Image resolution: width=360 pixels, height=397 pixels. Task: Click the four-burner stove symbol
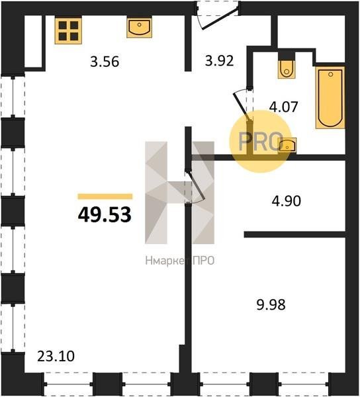point(68,30)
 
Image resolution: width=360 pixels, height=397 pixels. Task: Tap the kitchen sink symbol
point(139,27)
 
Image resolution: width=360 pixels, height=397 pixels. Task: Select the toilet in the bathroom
point(287,69)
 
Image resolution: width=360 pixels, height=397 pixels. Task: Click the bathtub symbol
point(330,98)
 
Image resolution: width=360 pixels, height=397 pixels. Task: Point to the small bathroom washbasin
point(287,145)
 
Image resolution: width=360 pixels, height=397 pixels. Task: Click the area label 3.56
point(105,62)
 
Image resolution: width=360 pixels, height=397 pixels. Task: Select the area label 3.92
point(219,61)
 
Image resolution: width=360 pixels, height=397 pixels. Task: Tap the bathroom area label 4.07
point(283,107)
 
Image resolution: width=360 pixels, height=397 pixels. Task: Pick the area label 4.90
point(287,201)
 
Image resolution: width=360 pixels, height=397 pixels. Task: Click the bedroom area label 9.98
point(271,304)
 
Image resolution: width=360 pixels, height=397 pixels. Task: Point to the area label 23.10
point(56,356)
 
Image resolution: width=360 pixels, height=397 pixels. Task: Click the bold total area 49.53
point(105,214)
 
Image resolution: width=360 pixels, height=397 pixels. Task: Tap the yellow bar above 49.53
point(105,197)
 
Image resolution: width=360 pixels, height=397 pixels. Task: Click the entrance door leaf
point(220,19)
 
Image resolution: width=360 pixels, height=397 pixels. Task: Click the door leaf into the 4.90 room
point(197,186)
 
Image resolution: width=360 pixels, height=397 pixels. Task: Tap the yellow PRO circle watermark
point(261,142)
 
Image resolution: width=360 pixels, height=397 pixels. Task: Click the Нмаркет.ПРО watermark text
point(180,261)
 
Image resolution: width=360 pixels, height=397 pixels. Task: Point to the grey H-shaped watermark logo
point(180,193)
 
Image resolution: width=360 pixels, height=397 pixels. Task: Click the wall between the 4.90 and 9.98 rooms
point(294,234)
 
